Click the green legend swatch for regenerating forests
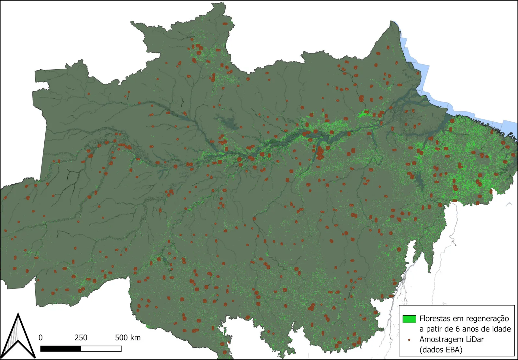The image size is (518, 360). click(x=409, y=319)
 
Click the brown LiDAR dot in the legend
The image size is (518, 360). click(x=409, y=340)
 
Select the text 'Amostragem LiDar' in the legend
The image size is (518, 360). click(x=451, y=339)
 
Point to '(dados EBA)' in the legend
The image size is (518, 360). click(x=441, y=350)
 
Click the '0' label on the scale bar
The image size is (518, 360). click(x=40, y=338)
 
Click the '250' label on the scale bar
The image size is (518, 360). click(x=81, y=338)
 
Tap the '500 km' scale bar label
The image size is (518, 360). click(x=128, y=338)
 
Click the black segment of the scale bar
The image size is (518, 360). click(x=61, y=349)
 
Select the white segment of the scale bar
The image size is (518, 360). click(x=101, y=349)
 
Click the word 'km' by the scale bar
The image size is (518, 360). click(x=136, y=338)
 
